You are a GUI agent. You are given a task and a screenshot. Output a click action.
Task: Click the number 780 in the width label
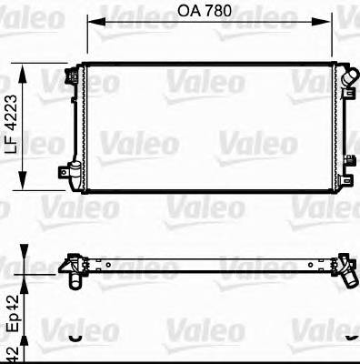pos(216,12)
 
